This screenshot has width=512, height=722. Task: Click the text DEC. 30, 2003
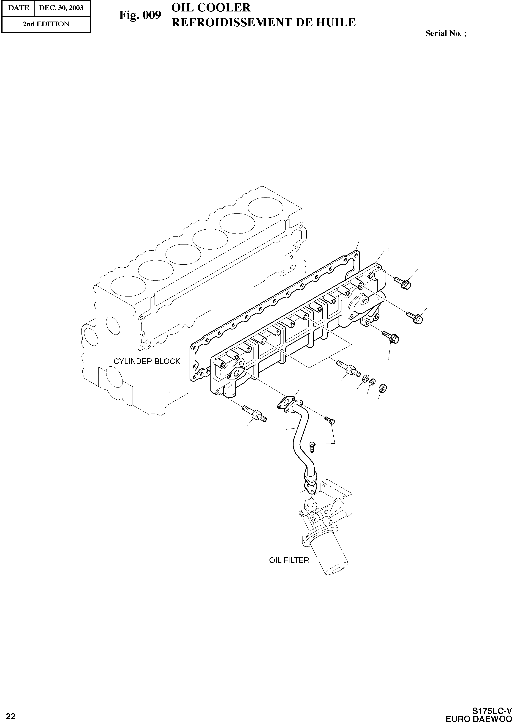pyautogui.click(x=61, y=8)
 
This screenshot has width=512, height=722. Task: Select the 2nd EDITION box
pyautogui.click(x=46, y=24)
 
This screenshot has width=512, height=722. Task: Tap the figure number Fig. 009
pyautogui.click(x=140, y=15)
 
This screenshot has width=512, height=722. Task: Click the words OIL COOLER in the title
pyautogui.click(x=211, y=7)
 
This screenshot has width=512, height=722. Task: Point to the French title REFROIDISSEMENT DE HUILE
pyautogui.click(x=263, y=22)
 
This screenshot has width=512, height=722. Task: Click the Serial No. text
pyautogui.click(x=445, y=33)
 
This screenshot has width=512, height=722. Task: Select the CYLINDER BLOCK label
pyautogui.click(x=147, y=362)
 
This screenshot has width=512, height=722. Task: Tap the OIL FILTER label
pyautogui.click(x=289, y=560)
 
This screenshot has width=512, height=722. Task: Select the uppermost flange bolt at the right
pyautogui.click(x=403, y=283)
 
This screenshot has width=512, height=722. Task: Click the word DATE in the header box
pyautogui.click(x=18, y=8)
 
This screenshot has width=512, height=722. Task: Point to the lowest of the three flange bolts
pyautogui.click(x=391, y=337)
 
